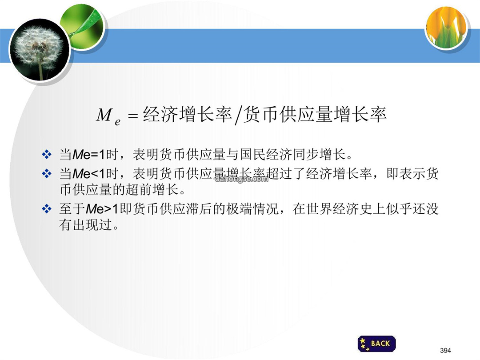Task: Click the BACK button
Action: pyautogui.click(x=376, y=344)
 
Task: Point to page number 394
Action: pyautogui.click(x=445, y=351)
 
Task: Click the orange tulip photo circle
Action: pyautogui.click(x=447, y=28)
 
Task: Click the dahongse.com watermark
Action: pyautogui.click(x=241, y=179)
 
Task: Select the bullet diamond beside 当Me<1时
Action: pyautogui.click(x=47, y=174)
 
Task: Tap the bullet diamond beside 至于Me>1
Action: pyautogui.click(x=47, y=209)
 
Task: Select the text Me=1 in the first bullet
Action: pyautogui.click(x=89, y=155)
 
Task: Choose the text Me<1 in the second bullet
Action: pyautogui.click(x=89, y=174)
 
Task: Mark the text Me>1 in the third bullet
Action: pyautogui.click(x=102, y=209)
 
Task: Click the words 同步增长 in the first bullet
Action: pyautogui.click(x=319, y=154)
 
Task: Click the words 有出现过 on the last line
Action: pyautogui.click(x=85, y=225)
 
